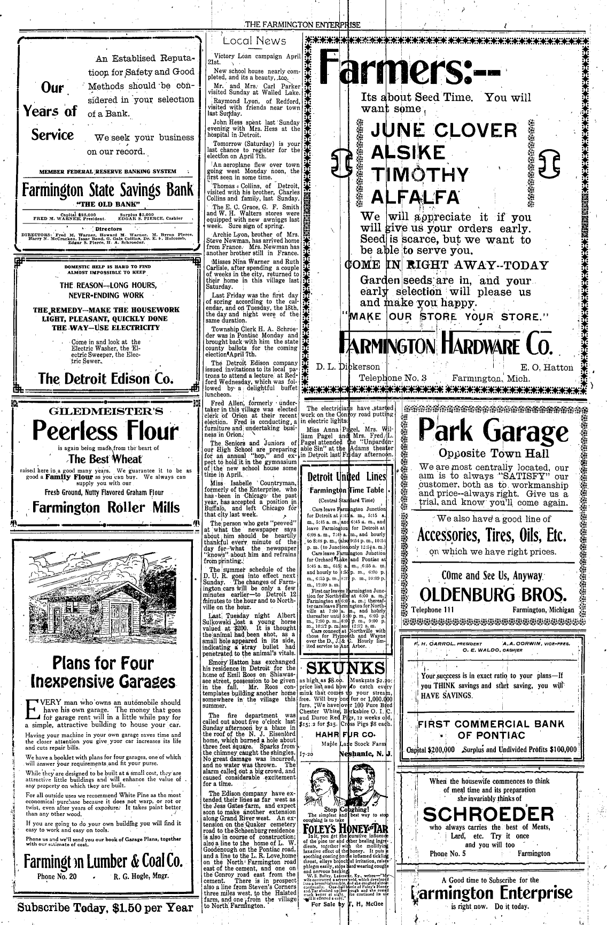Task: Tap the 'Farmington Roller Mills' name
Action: (105, 507)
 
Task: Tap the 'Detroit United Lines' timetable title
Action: (347, 477)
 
